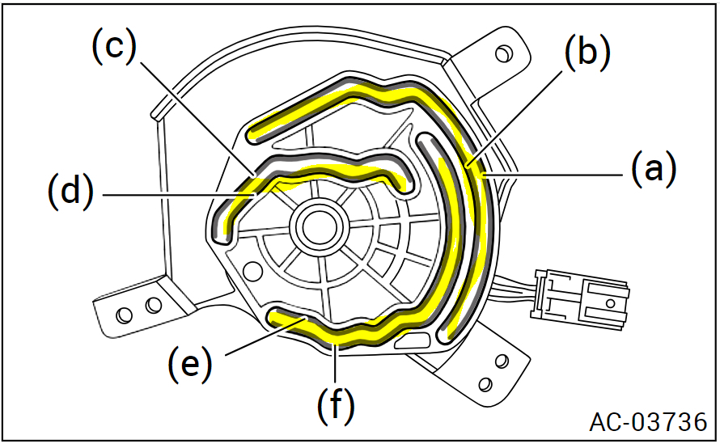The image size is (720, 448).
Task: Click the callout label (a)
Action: tap(651, 171)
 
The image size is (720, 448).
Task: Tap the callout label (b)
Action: tap(586, 54)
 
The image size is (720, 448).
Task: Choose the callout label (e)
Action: tap(190, 364)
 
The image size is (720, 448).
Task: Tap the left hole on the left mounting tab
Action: tap(124, 312)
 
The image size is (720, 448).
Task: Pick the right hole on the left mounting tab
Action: tap(151, 305)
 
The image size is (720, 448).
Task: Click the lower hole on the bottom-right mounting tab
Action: tap(485, 382)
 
